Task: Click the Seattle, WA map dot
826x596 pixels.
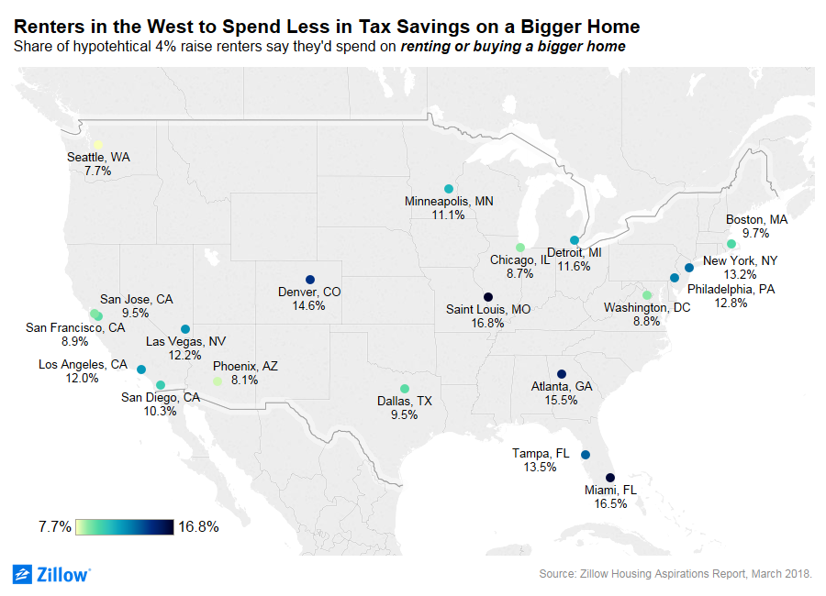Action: pyautogui.click(x=98, y=145)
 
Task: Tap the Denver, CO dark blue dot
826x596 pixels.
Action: pyautogui.click(x=309, y=280)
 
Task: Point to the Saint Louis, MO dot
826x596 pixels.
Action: pyautogui.click(x=488, y=297)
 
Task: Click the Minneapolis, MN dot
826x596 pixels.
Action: pyautogui.click(x=449, y=189)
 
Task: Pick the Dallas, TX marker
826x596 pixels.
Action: pyautogui.click(x=405, y=389)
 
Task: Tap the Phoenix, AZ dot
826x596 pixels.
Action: pyautogui.click(x=218, y=381)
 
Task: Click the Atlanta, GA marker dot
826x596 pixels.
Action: pyautogui.click(x=562, y=374)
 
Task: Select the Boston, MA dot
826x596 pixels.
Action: pyautogui.click(x=731, y=244)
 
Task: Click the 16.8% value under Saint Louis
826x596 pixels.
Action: pyautogui.click(x=488, y=324)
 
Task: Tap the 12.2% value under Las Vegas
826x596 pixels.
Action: pyautogui.click(x=185, y=355)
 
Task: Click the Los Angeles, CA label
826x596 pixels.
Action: pyautogui.click(x=83, y=364)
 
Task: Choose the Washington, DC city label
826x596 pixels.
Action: pyautogui.click(x=647, y=308)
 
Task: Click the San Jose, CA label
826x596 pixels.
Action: pyautogui.click(x=136, y=298)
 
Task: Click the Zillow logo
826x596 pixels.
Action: pyautogui.click(x=51, y=574)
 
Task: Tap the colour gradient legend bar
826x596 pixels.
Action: pyautogui.click(x=124, y=526)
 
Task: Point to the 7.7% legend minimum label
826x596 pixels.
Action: pyautogui.click(x=55, y=527)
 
